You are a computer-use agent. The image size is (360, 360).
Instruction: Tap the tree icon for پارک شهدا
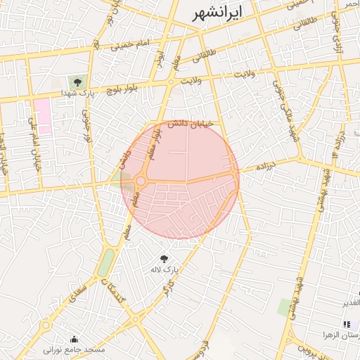(x=77, y=82)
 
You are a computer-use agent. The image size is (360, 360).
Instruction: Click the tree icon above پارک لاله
(x=165, y=259)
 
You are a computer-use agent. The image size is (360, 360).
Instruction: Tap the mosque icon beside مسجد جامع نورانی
(x=74, y=339)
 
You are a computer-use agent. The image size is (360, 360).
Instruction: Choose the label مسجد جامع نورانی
(x=74, y=349)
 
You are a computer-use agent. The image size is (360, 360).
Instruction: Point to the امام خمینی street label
(x=130, y=45)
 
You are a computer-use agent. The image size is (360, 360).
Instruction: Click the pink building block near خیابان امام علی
(x=42, y=117)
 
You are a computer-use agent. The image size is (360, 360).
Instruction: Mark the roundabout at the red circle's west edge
(x=141, y=181)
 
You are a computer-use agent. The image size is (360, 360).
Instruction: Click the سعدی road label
(x=79, y=292)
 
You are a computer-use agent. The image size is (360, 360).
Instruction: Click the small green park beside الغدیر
(x=285, y=307)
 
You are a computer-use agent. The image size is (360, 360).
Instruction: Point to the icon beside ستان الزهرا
(x=346, y=324)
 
